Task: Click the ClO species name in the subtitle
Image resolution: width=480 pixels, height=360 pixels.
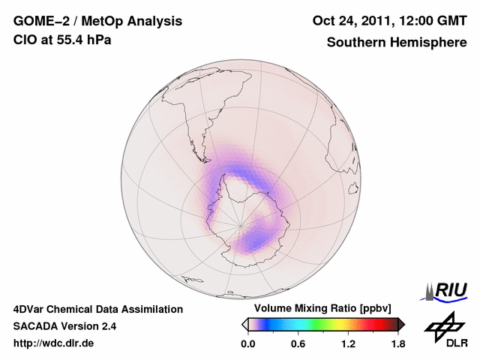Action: coord(24,40)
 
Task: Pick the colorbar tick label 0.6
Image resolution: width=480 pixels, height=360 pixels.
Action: coord(298,344)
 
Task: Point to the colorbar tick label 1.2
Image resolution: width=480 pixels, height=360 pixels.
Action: coord(348,344)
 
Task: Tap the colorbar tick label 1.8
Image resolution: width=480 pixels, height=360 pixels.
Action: coord(398,344)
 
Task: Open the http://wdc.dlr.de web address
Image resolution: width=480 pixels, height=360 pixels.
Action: coord(54,343)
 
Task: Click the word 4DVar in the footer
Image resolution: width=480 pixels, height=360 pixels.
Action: coord(31,309)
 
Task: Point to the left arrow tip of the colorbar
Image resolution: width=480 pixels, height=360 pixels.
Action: coord(244,324)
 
